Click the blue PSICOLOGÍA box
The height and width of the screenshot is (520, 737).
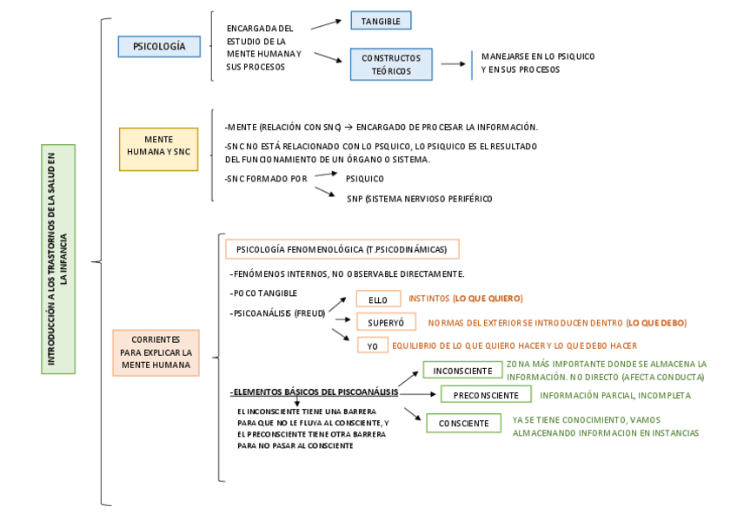click(159, 46)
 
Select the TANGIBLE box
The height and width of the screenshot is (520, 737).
click(381, 21)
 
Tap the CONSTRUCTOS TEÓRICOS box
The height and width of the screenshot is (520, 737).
click(391, 64)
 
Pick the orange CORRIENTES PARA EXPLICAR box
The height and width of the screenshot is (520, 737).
click(156, 352)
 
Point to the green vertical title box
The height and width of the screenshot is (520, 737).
click(58, 259)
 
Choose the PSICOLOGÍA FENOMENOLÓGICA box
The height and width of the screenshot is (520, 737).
click(342, 249)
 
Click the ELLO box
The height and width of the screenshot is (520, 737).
click(378, 299)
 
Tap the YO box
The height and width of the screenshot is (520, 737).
click(372, 346)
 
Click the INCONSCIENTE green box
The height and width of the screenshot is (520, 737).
click(462, 371)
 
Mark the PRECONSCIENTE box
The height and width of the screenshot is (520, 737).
click(485, 395)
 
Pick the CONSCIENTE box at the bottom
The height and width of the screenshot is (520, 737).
click(463, 424)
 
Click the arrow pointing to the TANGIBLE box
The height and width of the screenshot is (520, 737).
click(326, 24)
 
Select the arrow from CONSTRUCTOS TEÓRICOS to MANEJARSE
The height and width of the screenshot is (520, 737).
click(453, 63)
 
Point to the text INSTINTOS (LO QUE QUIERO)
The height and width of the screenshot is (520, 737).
click(466, 299)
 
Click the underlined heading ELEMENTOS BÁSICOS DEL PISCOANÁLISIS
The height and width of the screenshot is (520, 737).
click(315, 392)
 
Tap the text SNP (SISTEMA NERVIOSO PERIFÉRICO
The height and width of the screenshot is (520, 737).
click(419, 199)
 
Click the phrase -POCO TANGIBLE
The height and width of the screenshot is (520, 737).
click(264, 293)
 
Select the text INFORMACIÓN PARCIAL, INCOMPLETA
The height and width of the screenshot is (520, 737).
click(615, 396)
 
